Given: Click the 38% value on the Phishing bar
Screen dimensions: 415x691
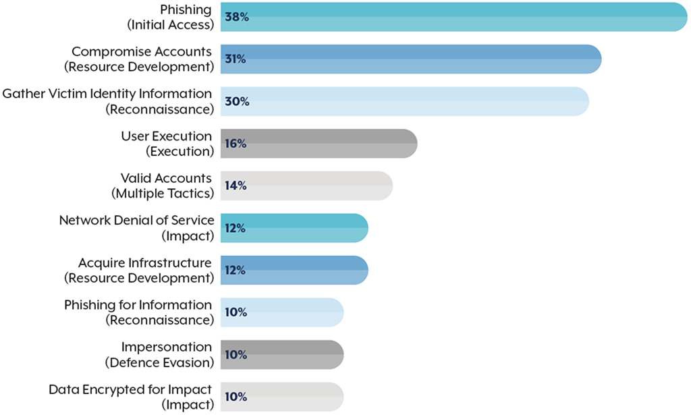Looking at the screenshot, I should pos(236,18).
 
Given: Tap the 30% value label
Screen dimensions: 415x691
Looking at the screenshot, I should pos(236,102).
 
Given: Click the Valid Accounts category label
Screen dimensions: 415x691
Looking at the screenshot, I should pos(166,178).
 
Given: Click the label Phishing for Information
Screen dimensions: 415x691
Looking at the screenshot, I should pos(138,305).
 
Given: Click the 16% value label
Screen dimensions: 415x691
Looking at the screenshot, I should pos(236,144).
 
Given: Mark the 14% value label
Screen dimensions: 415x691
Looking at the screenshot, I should pos(236,186).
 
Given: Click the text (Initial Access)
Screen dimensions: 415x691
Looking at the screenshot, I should pos(170,25).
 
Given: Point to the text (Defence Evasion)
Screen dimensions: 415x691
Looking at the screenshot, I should pos(159,362).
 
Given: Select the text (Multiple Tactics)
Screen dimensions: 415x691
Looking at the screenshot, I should pos(162,194).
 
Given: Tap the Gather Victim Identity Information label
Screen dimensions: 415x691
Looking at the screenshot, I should pos(107,94).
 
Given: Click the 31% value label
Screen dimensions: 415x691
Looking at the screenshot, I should pos(236,59).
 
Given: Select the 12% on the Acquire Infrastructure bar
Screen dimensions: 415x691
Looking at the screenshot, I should pos(236,270).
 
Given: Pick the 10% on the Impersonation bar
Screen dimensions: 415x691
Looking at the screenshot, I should pos(236,354).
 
